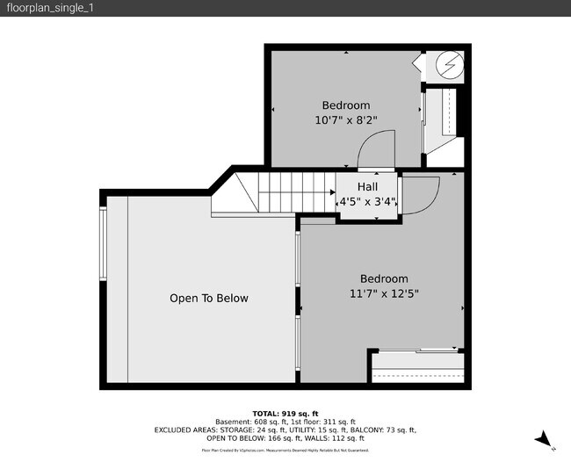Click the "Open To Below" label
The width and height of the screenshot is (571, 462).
click(x=208, y=299)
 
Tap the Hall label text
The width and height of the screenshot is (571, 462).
click(x=367, y=187)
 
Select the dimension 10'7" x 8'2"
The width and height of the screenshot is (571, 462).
click(x=345, y=120)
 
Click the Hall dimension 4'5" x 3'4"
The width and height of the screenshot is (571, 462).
click(x=369, y=202)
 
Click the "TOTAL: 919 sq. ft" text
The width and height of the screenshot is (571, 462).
click(x=285, y=412)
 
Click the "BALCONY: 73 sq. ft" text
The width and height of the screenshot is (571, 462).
click(x=383, y=430)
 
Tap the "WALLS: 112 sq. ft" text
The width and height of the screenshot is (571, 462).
click(x=335, y=437)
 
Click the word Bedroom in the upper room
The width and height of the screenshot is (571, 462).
click(x=345, y=105)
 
